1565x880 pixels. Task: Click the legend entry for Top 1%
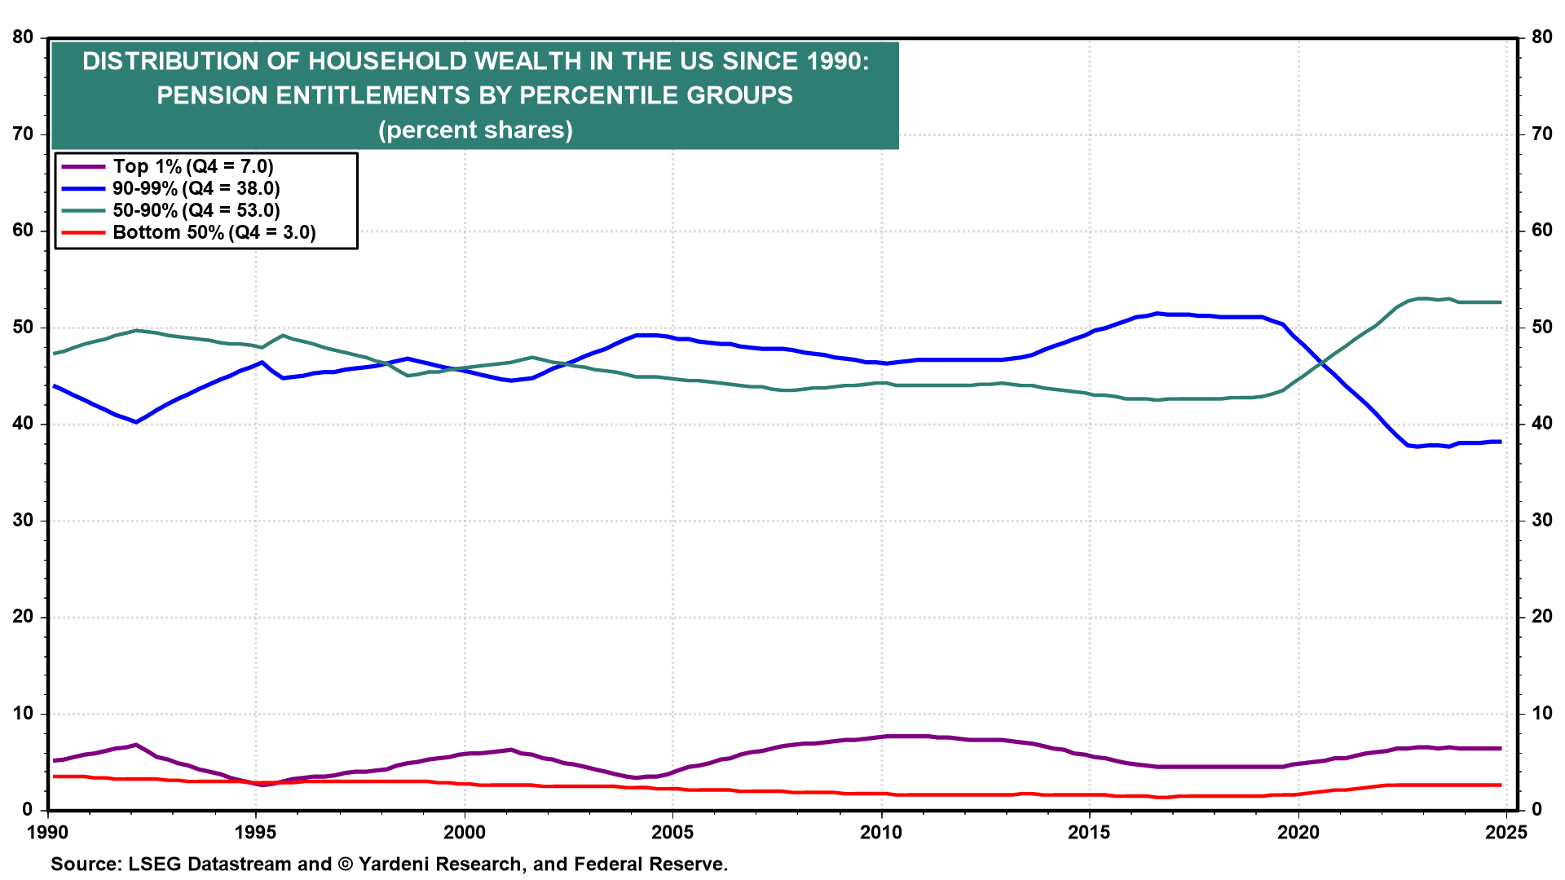click(193, 166)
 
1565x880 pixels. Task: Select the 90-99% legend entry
click(196, 188)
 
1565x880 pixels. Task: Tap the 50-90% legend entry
click(196, 210)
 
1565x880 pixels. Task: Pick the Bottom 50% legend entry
click(214, 232)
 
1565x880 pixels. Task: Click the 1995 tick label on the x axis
click(256, 832)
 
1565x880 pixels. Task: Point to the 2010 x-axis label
click(881, 832)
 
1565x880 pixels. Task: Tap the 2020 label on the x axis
click(1298, 832)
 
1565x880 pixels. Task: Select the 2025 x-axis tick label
click(1506, 832)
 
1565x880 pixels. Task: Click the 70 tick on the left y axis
click(23, 134)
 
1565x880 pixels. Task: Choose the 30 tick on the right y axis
click(1541, 520)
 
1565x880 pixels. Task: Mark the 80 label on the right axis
click(1541, 37)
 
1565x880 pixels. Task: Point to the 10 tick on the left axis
click(23, 713)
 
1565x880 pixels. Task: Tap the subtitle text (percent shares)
click(475, 130)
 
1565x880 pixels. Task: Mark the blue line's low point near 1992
click(136, 422)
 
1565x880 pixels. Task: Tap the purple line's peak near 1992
click(136, 745)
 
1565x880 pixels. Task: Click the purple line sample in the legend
click(83, 167)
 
